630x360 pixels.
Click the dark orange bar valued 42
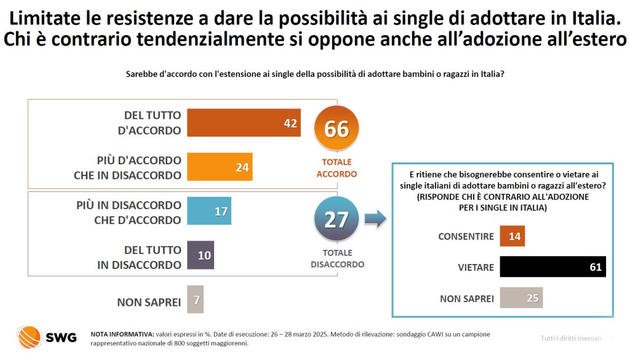coord(244,123)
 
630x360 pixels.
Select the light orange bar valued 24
coord(220,167)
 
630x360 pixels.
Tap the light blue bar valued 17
coord(209,212)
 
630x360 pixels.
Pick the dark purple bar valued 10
coord(201,255)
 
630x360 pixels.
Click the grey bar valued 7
coord(195,300)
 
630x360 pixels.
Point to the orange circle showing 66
coord(336,129)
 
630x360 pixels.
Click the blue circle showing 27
coord(336,220)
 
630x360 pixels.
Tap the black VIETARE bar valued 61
coord(553,267)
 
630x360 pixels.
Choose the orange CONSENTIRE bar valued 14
coord(512,236)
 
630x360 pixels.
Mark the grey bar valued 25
coord(522,298)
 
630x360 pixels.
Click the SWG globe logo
coord(29,337)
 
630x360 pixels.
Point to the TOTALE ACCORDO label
coord(337,168)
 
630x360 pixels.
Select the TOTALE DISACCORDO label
coord(337,258)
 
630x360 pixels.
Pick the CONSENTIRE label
coord(466,236)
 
